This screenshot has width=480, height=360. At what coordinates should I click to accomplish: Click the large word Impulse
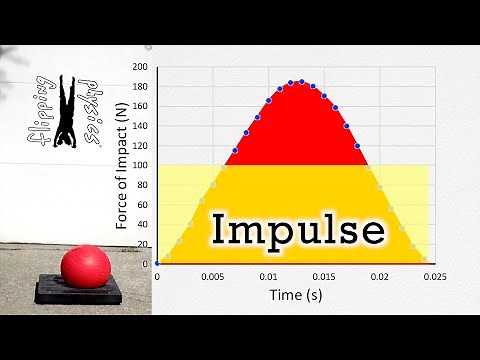(x=298, y=231)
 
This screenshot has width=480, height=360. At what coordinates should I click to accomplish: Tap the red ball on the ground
(x=83, y=267)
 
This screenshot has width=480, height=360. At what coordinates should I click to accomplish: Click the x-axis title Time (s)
(x=294, y=295)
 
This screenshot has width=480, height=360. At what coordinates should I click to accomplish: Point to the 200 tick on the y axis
(x=140, y=67)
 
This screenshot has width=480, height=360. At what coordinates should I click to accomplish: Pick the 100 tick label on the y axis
(x=140, y=165)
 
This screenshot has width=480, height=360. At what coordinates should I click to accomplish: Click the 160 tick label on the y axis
(x=140, y=106)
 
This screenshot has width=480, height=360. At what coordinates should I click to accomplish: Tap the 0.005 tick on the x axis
(x=211, y=275)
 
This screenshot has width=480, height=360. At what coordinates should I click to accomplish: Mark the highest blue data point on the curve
(x=300, y=81)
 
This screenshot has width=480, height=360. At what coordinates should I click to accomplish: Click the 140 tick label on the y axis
(x=140, y=126)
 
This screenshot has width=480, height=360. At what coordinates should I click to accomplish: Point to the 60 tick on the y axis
(x=142, y=204)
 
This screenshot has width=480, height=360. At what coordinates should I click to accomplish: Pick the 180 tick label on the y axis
(x=140, y=87)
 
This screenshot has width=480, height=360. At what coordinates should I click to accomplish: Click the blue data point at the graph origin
(x=157, y=263)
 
